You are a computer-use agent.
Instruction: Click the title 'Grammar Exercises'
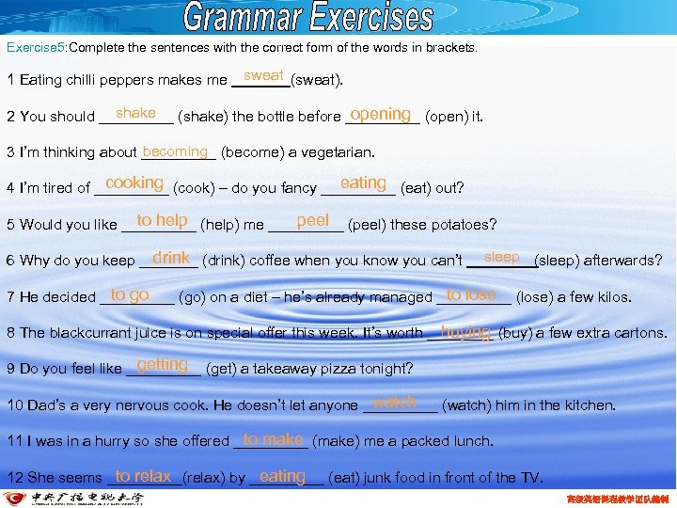point(309,18)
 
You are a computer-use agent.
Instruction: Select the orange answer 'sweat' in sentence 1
point(263,75)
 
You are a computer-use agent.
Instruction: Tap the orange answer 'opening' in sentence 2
point(380,114)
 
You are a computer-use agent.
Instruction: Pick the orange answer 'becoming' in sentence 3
point(175,151)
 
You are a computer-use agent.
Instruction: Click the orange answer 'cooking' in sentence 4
point(134,183)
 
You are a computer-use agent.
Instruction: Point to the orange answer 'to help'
point(162,220)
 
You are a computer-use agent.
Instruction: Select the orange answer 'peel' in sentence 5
point(312,220)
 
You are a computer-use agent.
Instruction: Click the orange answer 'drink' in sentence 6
point(171,257)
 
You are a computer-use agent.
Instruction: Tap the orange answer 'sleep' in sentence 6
point(501,257)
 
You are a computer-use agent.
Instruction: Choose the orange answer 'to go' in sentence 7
point(130,294)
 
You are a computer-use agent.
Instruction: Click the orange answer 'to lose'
point(471,294)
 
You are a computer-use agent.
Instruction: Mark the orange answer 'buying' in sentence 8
point(465,331)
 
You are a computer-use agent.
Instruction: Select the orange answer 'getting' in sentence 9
point(162,365)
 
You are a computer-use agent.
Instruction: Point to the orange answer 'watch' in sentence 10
point(395,402)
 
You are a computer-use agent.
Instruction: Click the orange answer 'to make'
point(273,439)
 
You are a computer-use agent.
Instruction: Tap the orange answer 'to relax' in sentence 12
point(143,476)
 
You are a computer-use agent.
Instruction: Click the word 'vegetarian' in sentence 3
point(336,152)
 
